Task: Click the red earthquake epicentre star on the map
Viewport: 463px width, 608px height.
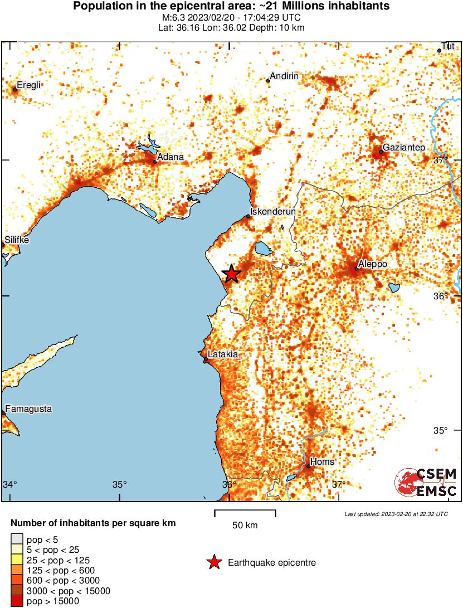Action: pyautogui.click(x=231, y=273)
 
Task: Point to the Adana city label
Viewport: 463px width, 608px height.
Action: pyautogui.click(x=170, y=157)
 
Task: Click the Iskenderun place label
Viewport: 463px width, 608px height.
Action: pyautogui.click(x=273, y=212)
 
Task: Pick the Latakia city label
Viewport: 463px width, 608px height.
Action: pyautogui.click(x=222, y=354)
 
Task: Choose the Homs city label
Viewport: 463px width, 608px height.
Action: pyautogui.click(x=323, y=461)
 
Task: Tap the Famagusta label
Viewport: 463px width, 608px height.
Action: pyautogui.click(x=28, y=408)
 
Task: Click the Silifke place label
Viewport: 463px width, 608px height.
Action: pyautogui.click(x=16, y=240)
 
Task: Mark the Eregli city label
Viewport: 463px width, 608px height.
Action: pyautogui.click(x=29, y=85)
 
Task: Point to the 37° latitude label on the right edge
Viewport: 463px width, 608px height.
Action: pyautogui.click(x=440, y=160)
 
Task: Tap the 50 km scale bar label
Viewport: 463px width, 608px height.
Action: pyautogui.click(x=245, y=526)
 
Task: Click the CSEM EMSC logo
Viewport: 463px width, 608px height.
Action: pyautogui.click(x=426, y=483)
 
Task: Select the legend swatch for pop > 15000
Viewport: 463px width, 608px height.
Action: pyautogui.click(x=17, y=601)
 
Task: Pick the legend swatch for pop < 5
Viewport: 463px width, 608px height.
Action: pyautogui.click(x=17, y=539)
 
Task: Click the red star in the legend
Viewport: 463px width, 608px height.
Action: pyautogui.click(x=214, y=563)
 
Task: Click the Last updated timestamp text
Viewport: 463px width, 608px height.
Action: pyautogui.click(x=396, y=514)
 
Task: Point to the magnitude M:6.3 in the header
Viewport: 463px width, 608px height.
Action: pyautogui.click(x=170, y=17)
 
